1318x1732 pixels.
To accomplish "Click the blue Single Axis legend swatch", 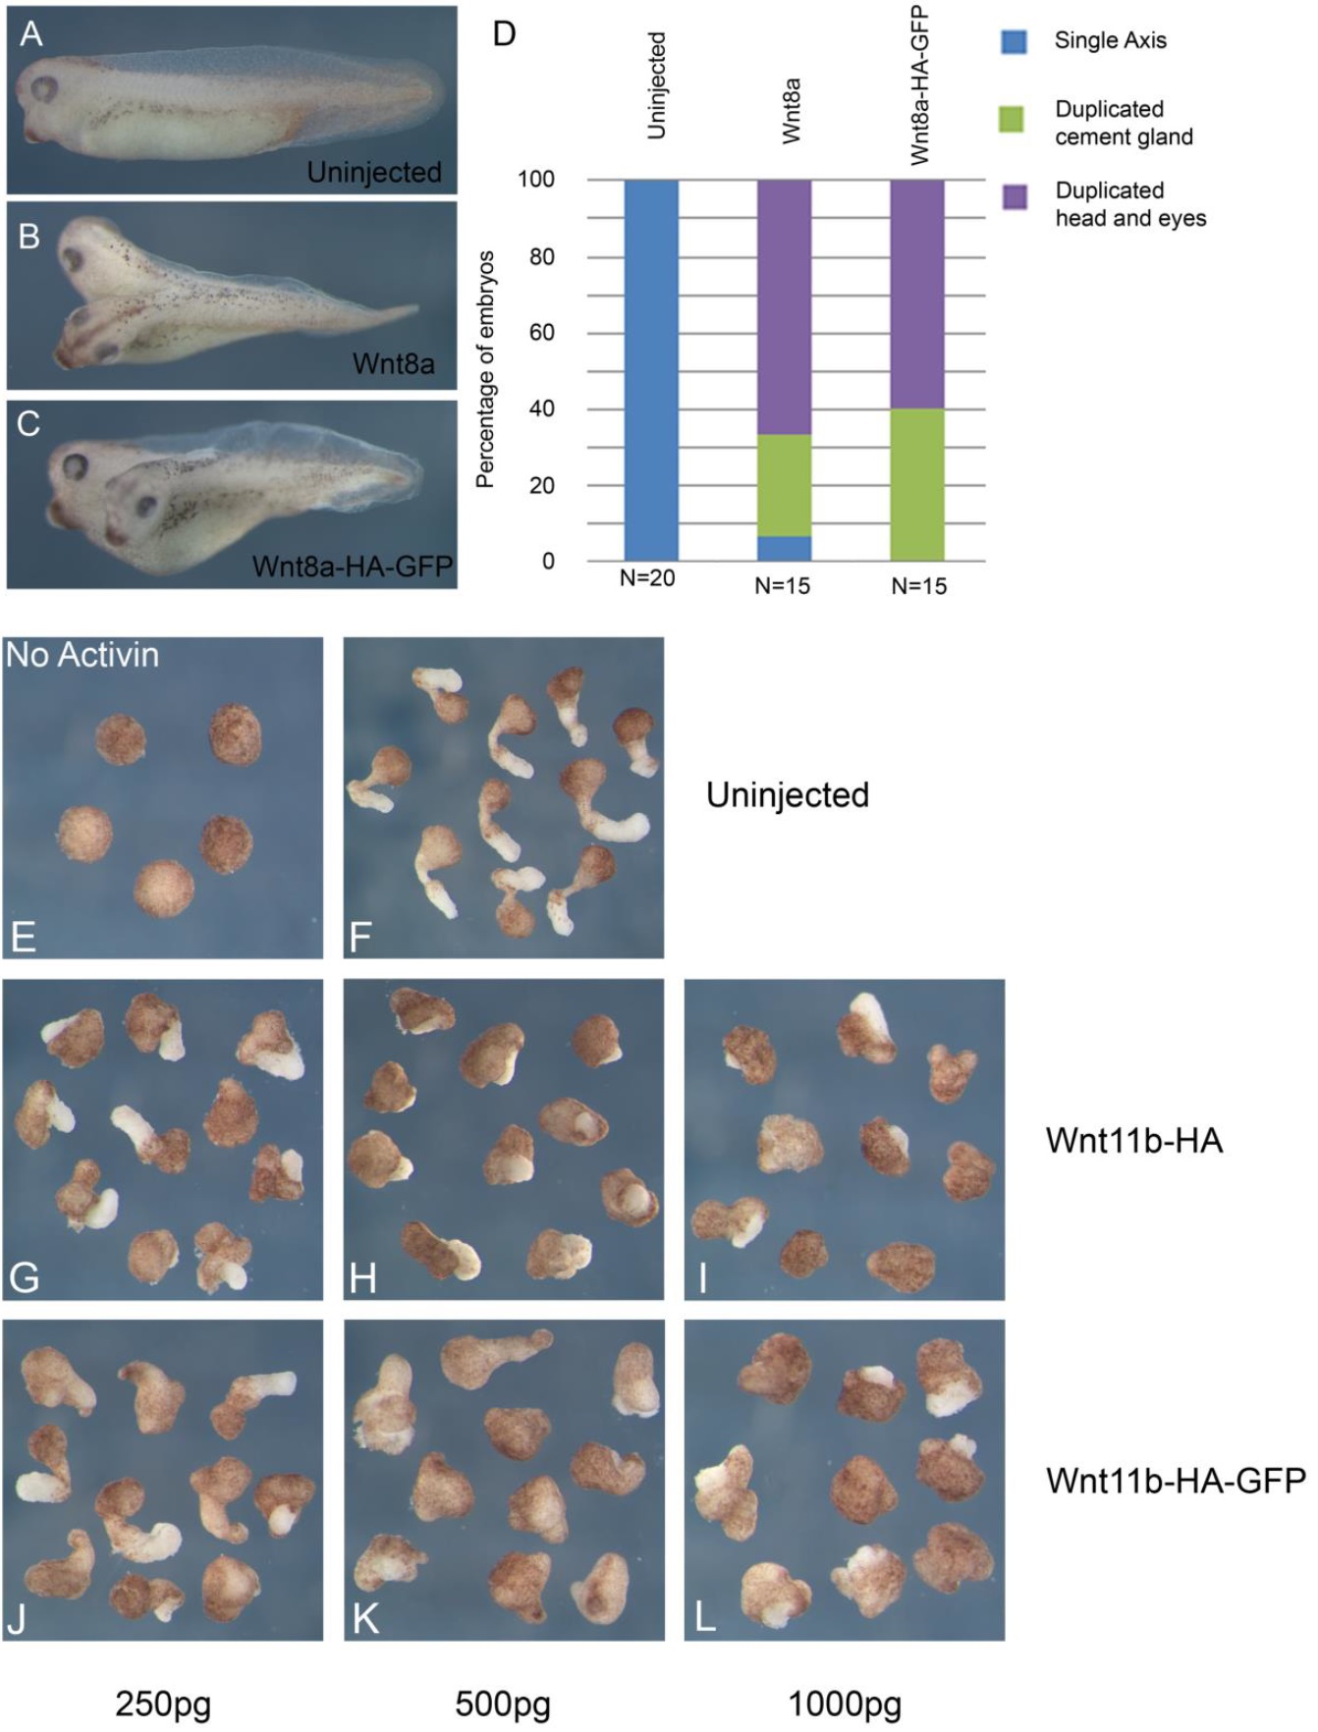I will coord(1014,41).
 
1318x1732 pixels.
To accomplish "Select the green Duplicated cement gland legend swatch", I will coord(1012,120).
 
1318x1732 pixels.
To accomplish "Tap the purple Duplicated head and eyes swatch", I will coord(1014,196).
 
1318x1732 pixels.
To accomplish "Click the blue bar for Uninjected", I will coord(651,369).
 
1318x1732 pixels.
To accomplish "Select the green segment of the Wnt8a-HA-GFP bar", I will coord(917,484).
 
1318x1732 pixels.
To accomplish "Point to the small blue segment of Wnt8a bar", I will coord(784,548).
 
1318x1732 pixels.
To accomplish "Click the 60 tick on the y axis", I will coord(542,333).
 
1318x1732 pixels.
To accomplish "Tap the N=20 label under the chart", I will coord(647,579).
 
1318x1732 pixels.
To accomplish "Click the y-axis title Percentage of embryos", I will coord(484,369).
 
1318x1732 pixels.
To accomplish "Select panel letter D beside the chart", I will coord(504,34).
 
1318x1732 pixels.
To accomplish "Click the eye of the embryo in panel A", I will coord(44,88).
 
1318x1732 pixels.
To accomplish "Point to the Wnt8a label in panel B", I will coord(394,364).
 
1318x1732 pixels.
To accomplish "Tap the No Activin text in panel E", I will coord(82,655).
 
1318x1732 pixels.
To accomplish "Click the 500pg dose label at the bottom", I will coord(502,1704).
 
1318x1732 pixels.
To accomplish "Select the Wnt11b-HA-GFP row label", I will coord(1176,1480).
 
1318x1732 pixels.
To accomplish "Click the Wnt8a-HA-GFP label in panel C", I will coord(353,567).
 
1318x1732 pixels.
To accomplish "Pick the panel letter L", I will coord(705,1618).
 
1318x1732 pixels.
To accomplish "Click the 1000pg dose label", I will coord(845,1704).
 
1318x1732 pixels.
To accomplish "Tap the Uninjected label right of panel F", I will coord(788,794).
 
